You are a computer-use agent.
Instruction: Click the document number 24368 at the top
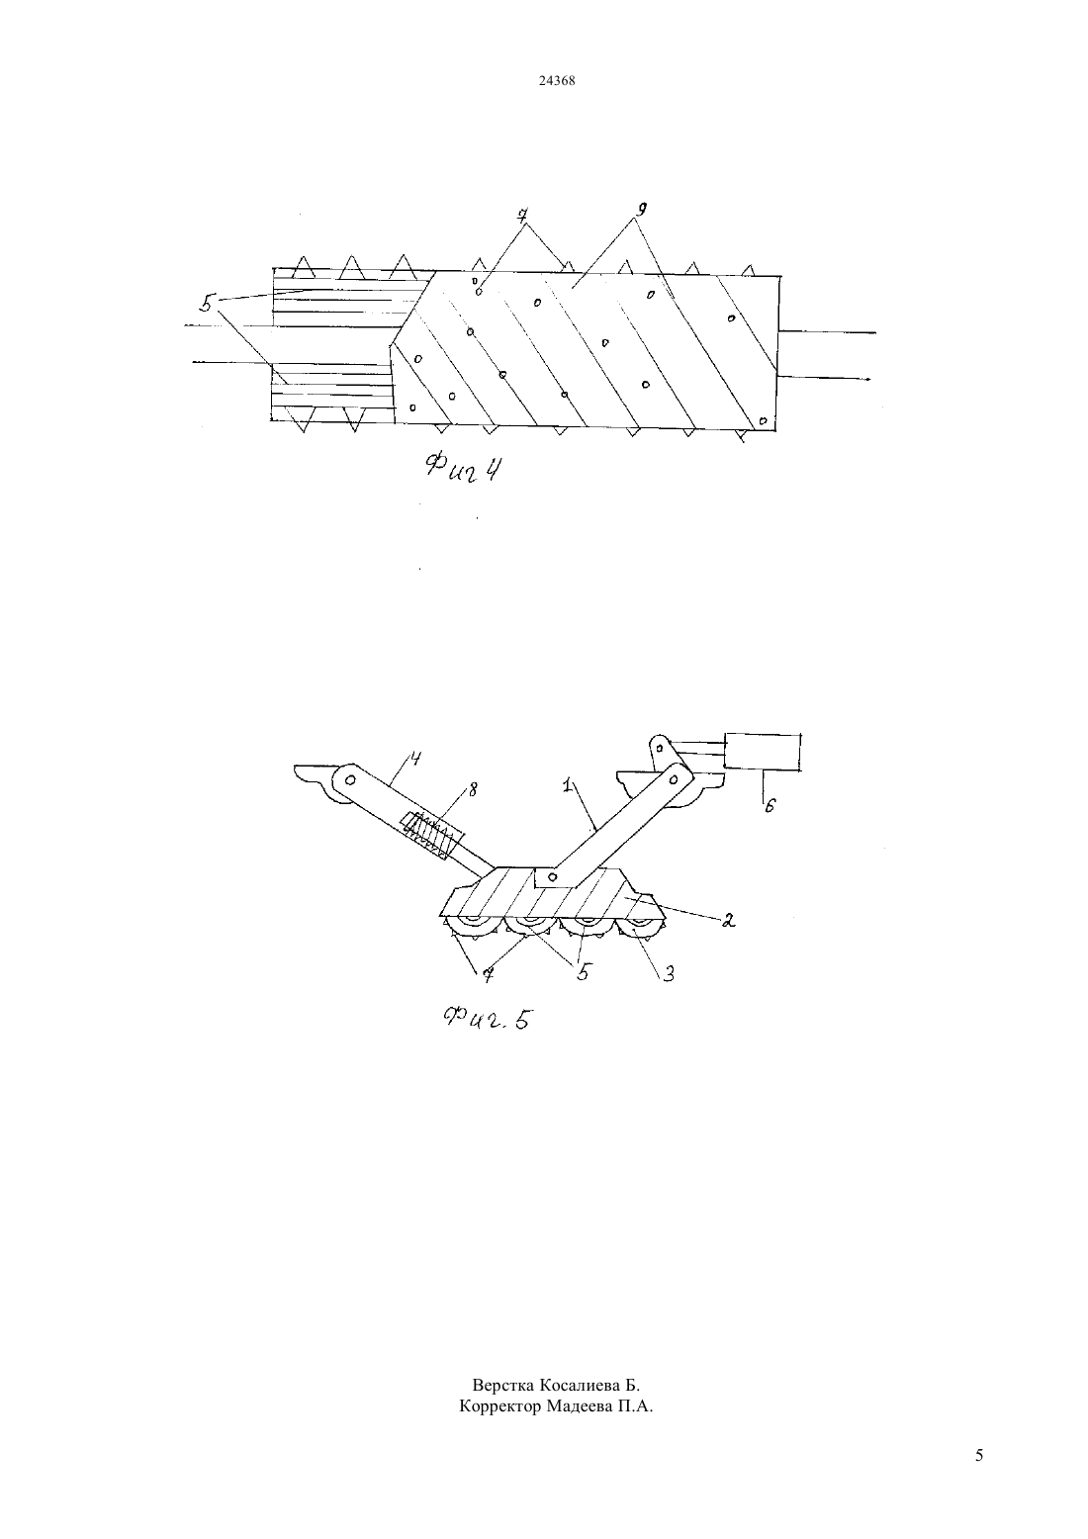tap(556, 80)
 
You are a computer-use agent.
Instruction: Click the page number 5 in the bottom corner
tap(979, 1455)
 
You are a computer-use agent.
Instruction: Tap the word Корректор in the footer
tap(500, 1405)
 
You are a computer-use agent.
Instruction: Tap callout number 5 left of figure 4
tap(206, 303)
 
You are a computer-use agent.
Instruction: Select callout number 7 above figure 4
tap(523, 215)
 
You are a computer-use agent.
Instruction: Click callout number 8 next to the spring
tap(473, 790)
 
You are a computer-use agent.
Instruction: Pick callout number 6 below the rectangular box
tap(770, 806)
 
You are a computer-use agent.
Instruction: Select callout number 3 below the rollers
tap(668, 973)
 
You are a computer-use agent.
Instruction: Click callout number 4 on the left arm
tap(414, 760)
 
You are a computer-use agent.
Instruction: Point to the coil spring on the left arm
tap(431, 835)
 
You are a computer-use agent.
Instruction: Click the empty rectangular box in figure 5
tap(764, 753)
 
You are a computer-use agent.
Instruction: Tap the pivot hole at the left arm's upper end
tap(349, 779)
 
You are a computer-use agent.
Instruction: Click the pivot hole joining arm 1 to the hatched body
tap(551, 879)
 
